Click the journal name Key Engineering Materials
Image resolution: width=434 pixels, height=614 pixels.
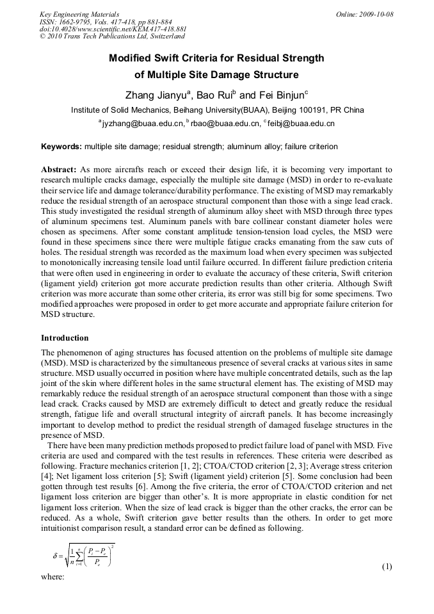[x=79, y=14]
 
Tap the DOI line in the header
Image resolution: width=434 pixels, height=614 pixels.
[x=113, y=29]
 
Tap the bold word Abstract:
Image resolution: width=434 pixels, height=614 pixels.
[x=59, y=169]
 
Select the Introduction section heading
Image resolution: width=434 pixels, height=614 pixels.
[x=65, y=337]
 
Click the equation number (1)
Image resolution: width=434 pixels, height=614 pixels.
[x=387, y=567]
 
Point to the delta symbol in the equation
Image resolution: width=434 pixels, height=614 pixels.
[x=55, y=556]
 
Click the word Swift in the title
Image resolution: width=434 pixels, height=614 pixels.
[x=180, y=58]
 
